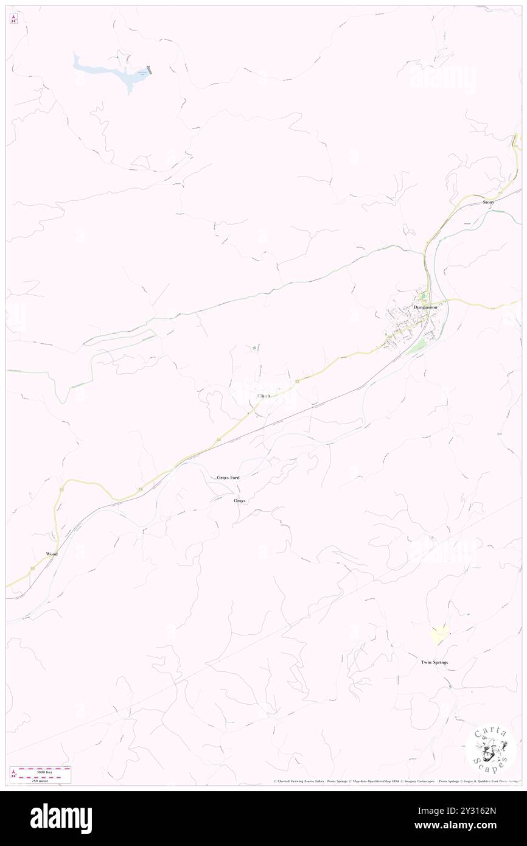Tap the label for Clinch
tap(263, 396)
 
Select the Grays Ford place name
tap(228, 478)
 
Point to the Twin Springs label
tap(435, 662)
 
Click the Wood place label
tap(51, 554)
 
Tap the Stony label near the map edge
tap(488, 201)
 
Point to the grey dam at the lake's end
tap(149, 70)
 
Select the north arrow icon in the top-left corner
tap(13, 19)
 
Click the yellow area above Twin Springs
tap(439, 634)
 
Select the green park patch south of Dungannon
tap(417, 346)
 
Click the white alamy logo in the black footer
tap(61, 818)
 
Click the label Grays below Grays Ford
tap(240, 500)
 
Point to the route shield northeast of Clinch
tap(296, 381)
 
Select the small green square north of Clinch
tap(254, 348)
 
